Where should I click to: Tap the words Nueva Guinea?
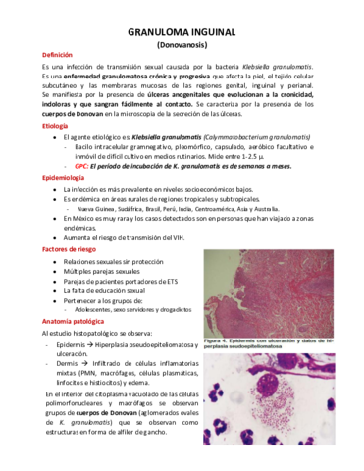click(x=94, y=209)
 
